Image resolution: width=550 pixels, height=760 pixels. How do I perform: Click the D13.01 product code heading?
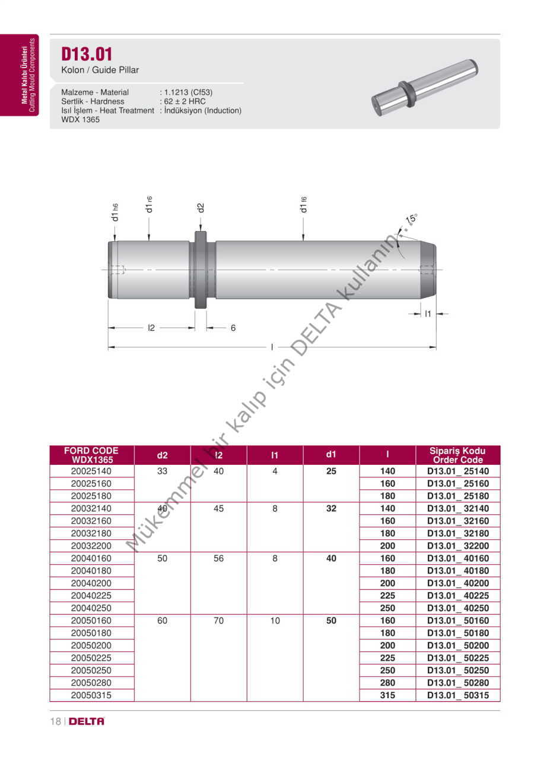(87, 54)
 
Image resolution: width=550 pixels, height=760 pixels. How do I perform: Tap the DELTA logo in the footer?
(87, 721)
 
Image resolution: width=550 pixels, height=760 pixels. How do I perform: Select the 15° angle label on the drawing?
(411, 219)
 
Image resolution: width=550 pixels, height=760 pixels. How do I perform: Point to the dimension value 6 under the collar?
(233, 328)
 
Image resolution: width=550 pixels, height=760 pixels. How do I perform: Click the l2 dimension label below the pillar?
(151, 328)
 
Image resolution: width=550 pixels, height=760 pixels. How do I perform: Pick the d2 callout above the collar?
(201, 208)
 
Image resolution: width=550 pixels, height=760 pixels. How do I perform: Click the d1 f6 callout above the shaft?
(303, 205)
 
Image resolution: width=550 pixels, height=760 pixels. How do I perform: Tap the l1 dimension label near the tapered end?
(428, 314)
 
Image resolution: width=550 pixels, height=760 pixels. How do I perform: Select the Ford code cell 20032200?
(91, 546)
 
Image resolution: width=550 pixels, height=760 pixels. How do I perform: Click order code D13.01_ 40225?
(458, 596)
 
